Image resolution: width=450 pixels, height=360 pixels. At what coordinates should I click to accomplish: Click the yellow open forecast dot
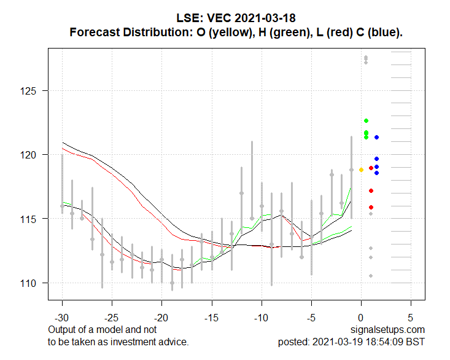tap(362, 170)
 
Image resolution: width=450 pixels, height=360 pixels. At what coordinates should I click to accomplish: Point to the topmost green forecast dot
tap(366, 120)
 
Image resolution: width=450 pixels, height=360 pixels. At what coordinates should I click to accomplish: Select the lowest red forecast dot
tap(371, 207)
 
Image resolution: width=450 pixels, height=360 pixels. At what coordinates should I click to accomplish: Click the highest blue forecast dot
tap(377, 137)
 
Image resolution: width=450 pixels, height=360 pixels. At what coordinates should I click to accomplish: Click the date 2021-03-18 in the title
tap(265, 18)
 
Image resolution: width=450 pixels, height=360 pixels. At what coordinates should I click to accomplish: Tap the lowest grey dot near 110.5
tap(371, 276)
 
